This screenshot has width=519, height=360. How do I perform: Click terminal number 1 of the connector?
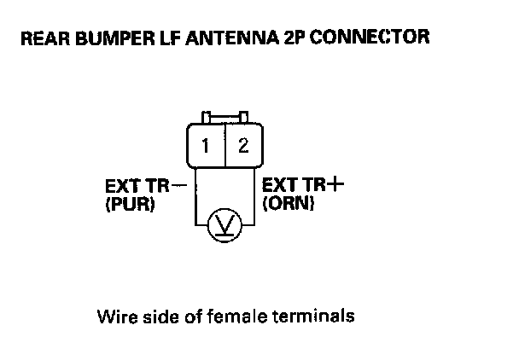[x=206, y=145]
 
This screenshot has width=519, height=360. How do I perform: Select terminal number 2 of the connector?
[x=243, y=145]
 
